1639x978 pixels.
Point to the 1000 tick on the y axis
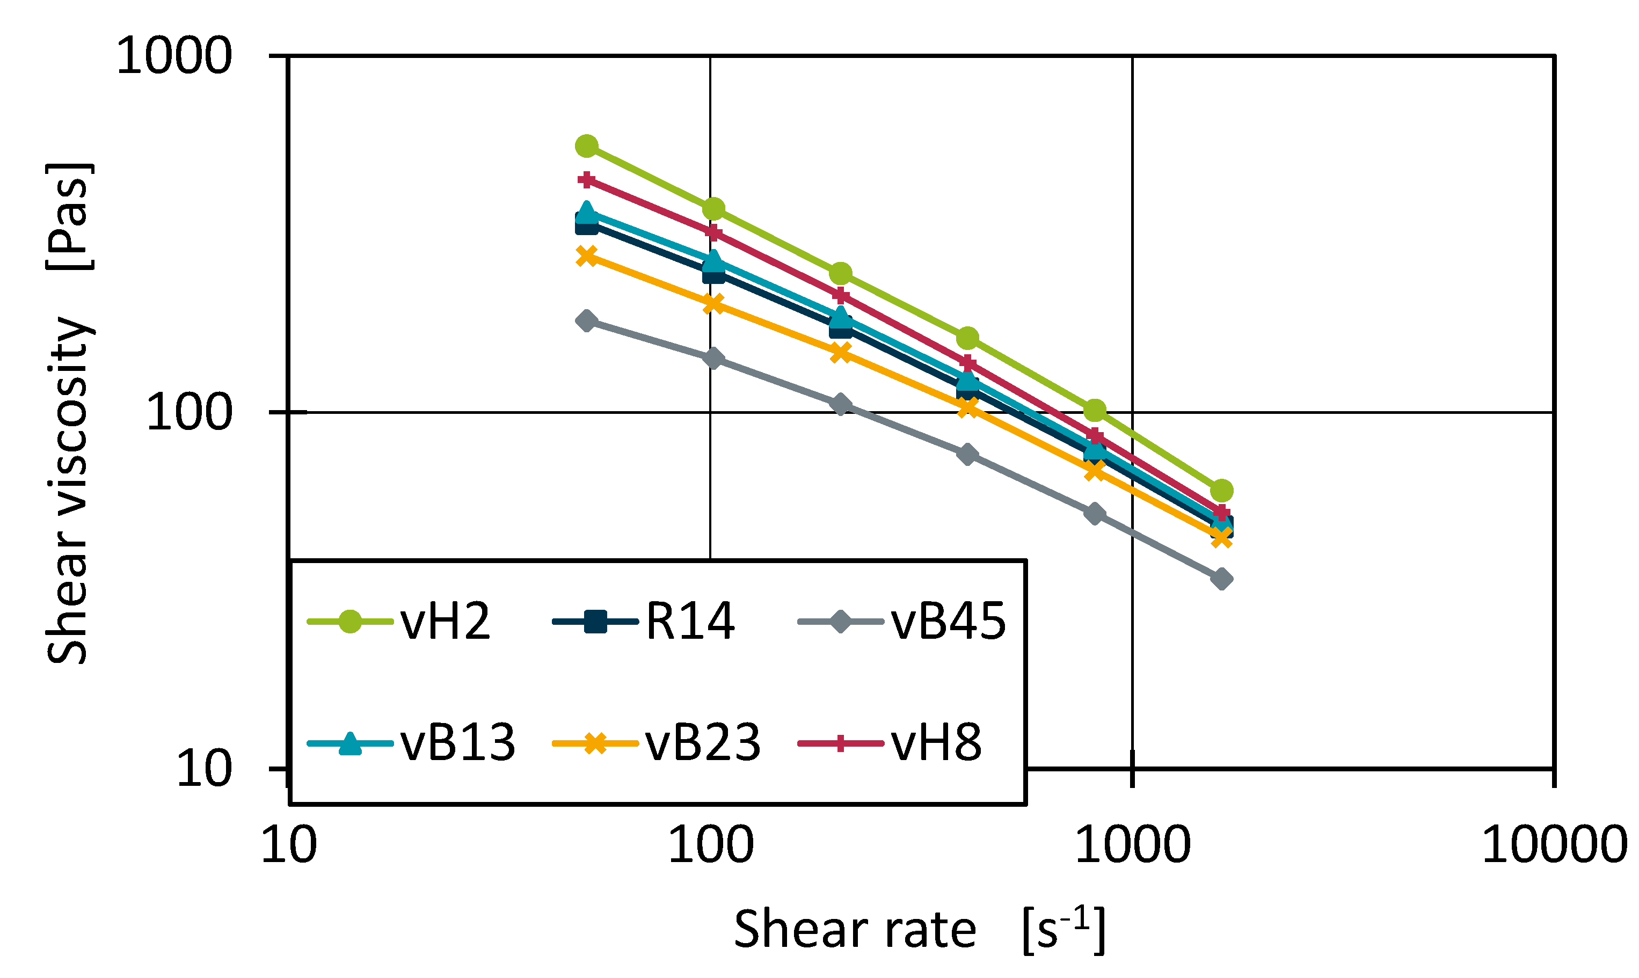tap(174, 55)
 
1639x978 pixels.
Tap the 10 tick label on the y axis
tap(205, 769)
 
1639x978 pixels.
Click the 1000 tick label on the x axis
tap(1133, 846)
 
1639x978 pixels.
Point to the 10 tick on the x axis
tap(289, 846)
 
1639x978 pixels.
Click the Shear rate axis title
tap(919, 930)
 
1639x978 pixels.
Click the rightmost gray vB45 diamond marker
tap(1221, 579)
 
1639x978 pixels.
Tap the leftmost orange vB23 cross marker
tap(587, 256)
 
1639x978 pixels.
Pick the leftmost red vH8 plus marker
tap(587, 180)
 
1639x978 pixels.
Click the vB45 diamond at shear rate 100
tap(713, 359)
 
